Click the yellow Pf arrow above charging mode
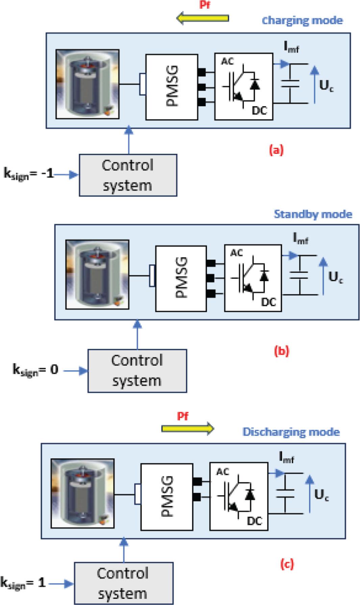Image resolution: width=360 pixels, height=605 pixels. pyautogui.click(x=203, y=18)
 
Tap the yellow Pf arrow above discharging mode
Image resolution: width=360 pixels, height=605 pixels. pyautogui.click(x=187, y=429)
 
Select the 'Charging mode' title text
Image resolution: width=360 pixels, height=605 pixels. pyautogui.click(x=302, y=21)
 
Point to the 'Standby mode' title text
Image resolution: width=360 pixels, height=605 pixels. pyautogui.click(x=313, y=214)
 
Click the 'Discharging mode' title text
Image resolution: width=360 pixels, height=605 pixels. pyautogui.click(x=291, y=432)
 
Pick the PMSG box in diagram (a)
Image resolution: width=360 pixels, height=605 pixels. pyautogui.click(x=172, y=87)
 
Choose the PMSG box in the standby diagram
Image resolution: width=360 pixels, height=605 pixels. pyautogui.click(x=181, y=278)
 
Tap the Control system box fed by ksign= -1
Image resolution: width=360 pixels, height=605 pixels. pyautogui.click(x=128, y=175)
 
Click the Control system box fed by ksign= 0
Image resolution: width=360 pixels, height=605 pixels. pyautogui.click(x=137, y=371)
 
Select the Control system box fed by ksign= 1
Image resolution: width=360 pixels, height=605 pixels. pyautogui.click(x=123, y=583)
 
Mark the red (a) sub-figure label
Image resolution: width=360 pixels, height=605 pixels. pyautogui.click(x=276, y=150)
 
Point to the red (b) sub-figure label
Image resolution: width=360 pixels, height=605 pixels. pyautogui.click(x=282, y=351)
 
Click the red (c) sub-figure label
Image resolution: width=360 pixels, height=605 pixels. pyautogui.click(x=287, y=564)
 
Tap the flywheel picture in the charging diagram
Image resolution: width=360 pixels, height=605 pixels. pyautogui.click(x=87, y=84)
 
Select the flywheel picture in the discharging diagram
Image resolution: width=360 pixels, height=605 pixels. pyautogui.click(x=82, y=493)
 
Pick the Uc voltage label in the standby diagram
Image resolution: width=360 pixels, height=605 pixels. pyautogui.click(x=335, y=277)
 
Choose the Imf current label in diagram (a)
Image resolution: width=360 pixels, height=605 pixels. pyautogui.click(x=291, y=48)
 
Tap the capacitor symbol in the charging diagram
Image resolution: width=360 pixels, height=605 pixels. pyautogui.click(x=290, y=84)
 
